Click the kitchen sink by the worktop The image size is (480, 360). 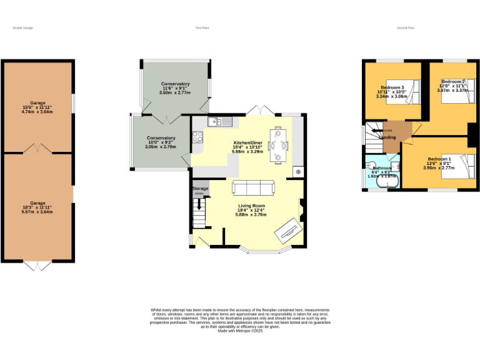pyautogui.click(x=221, y=121)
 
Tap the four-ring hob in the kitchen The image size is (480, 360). pyautogui.click(x=197, y=137)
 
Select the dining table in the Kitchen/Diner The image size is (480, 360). pyautogui.click(x=277, y=144)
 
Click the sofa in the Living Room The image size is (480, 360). pyautogui.click(x=253, y=187)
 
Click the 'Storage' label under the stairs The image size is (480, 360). pyautogui.click(x=200, y=188)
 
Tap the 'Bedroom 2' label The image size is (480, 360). pyautogui.click(x=453, y=82)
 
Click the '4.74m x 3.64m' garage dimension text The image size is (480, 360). pyautogui.click(x=38, y=112)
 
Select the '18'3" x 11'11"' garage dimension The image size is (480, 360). pyautogui.click(x=38, y=207)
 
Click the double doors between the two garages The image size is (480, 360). pyautogui.click(x=38, y=149)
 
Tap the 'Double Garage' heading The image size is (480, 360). pyautogui.click(x=22, y=28)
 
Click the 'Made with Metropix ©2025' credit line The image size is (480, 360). pyautogui.click(x=240, y=331)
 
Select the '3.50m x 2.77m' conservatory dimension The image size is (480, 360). pyautogui.click(x=175, y=92)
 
